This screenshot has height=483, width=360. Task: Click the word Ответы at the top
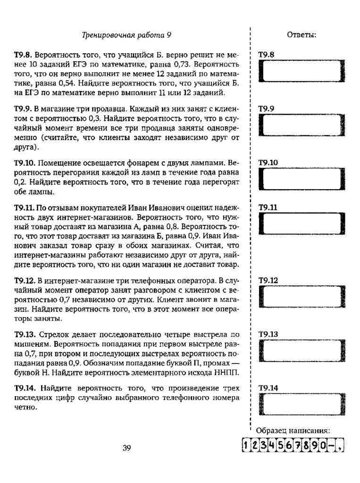pyautogui.click(x=301, y=35)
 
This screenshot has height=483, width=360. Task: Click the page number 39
pyautogui.click(x=126, y=448)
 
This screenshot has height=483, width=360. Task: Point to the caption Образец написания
pyautogui.click(x=292, y=430)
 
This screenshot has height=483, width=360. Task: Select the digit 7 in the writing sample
pyautogui.click(x=297, y=446)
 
